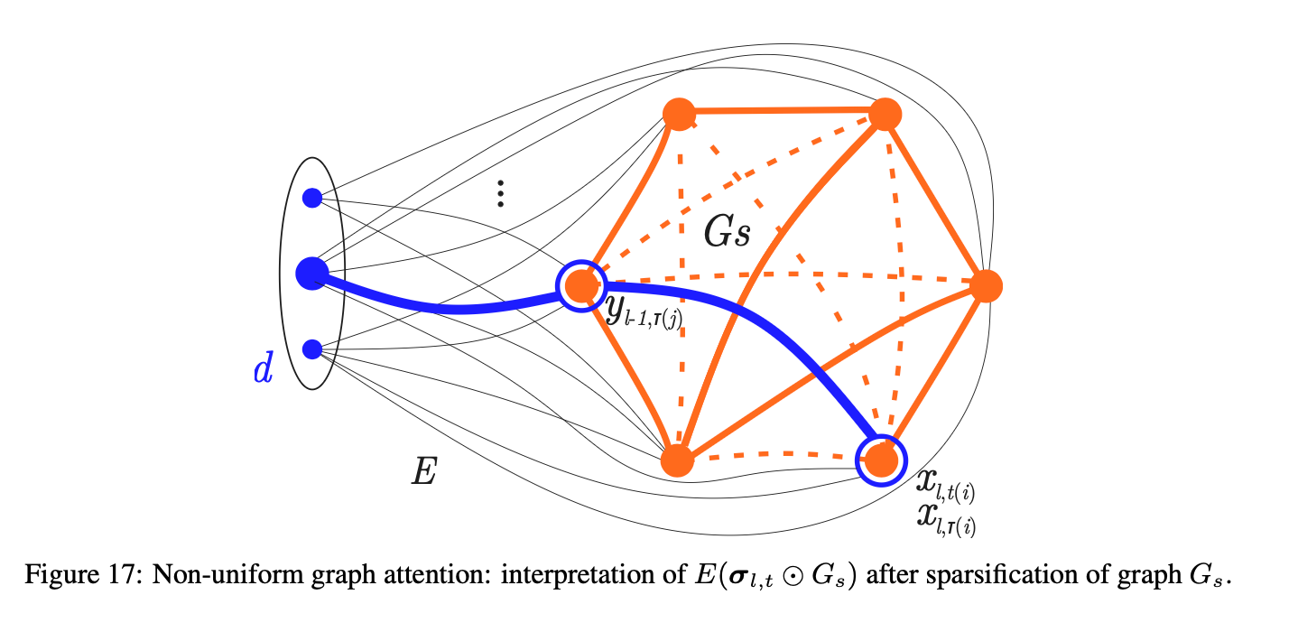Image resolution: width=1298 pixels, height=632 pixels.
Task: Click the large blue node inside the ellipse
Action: tap(311, 273)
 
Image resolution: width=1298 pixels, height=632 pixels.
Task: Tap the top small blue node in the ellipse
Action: tap(312, 197)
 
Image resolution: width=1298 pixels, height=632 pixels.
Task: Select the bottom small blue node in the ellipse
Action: tap(312, 348)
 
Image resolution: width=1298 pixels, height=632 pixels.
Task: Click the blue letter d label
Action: tap(263, 370)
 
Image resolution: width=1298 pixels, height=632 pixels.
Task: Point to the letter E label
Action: tap(424, 470)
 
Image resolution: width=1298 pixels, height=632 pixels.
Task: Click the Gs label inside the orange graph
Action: tap(728, 233)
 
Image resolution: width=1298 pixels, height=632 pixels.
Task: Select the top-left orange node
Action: tap(678, 114)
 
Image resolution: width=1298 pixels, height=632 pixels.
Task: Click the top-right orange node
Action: tap(885, 114)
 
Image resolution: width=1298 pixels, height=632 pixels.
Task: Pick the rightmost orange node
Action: tap(986, 285)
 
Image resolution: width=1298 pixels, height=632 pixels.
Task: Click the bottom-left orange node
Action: tap(677, 460)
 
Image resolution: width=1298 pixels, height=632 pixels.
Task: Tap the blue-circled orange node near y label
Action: tap(580, 286)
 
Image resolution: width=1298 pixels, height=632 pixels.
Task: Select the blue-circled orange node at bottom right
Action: tap(881, 460)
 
